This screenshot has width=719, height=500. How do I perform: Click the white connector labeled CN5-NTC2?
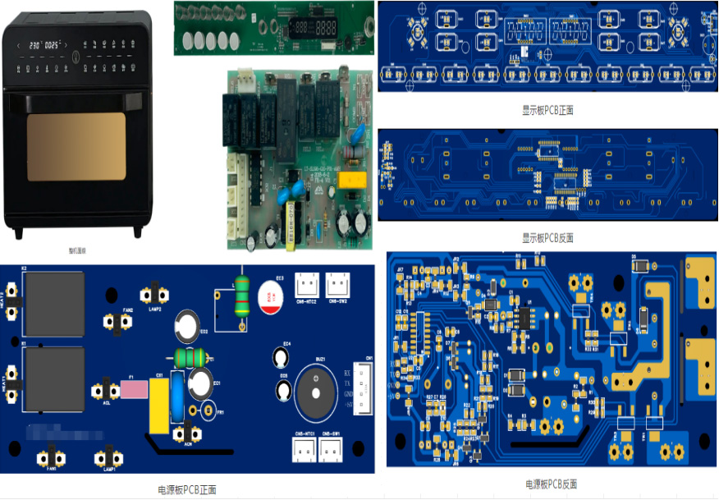click(x=306, y=287)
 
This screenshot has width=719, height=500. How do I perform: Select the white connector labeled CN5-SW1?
click(x=332, y=448)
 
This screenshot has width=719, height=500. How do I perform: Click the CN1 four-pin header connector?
click(x=362, y=387)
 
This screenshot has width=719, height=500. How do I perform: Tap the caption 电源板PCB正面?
click(x=187, y=490)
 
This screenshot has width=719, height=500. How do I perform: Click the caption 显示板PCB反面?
click(x=547, y=238)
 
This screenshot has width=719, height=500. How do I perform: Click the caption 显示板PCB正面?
click(x=547, y=108)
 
